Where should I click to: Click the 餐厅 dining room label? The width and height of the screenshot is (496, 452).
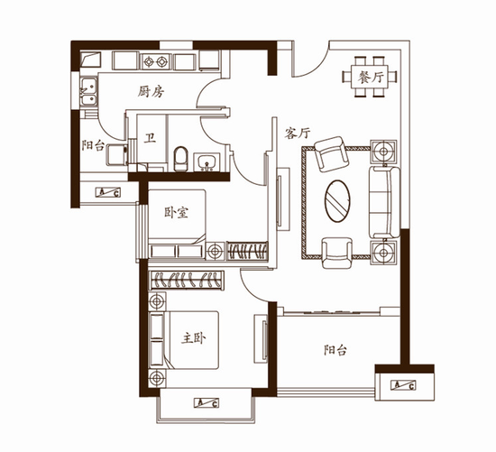[371, 78]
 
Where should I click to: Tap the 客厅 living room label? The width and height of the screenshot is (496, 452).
[297, 133]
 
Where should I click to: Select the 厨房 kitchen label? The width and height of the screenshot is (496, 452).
[151, 92]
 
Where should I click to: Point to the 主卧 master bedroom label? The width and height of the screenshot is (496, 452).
[193, 338]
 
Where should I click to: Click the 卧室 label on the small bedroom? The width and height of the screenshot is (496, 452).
[176, 212]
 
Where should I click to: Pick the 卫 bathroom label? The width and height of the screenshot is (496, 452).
[150, 138]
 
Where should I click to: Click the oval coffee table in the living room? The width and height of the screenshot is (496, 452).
[337, 201]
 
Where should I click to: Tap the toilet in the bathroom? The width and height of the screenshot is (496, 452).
[180, 159]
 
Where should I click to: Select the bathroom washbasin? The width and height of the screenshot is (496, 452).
[207, 161]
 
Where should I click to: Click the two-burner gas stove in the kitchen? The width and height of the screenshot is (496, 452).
[155, 61]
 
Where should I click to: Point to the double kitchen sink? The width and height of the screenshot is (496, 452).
[88, 91]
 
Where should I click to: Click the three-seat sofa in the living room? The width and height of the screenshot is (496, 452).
[384, 203]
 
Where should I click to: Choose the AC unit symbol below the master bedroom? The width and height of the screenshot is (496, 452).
[207, 403]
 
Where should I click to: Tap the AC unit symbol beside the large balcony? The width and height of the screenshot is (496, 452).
[403, 385]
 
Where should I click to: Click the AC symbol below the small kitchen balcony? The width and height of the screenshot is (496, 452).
[108, 192]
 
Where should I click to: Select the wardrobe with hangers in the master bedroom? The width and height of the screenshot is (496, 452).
[188, 281]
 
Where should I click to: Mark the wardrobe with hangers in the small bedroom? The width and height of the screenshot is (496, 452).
[247, 251]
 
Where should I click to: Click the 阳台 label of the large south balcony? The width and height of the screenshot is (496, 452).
[335, 350]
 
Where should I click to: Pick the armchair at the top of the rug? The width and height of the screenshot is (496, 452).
[332, 154]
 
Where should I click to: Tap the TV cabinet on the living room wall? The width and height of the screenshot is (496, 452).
[283, 199]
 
